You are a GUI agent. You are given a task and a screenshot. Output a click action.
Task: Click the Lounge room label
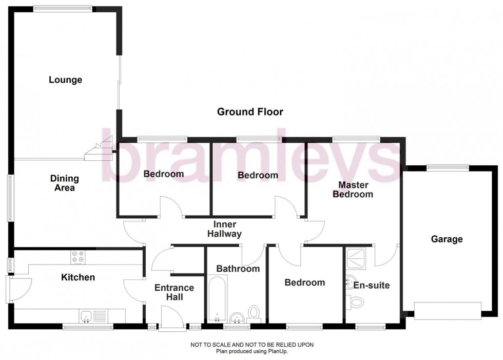[65, 80]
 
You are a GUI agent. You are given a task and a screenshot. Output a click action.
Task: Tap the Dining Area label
[65, 183]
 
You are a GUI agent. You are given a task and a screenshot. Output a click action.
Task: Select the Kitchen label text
[78, 277]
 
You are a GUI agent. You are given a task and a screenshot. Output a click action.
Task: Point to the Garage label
[447, 239]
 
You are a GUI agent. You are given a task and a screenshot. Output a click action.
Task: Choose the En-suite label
[371, 285]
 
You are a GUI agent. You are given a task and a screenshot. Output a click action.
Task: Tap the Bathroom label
[238, 269]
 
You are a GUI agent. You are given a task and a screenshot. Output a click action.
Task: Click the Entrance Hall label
[174, 292]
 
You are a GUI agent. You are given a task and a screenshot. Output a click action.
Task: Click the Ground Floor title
[250, 112]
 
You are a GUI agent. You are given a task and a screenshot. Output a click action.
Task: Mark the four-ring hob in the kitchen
[78, 256]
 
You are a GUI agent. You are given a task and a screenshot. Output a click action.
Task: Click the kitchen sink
[86, 315]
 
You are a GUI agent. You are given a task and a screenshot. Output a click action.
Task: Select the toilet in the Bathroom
[254, 312]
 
